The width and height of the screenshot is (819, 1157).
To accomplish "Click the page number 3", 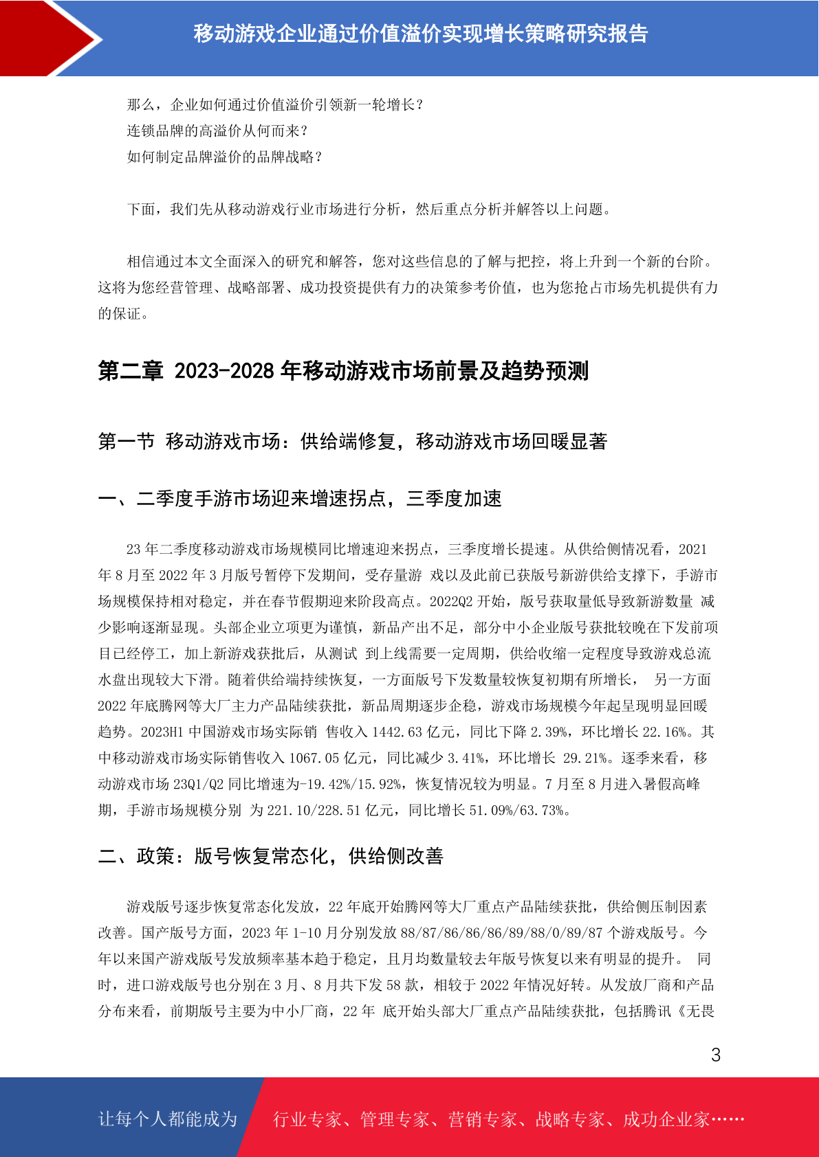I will click(716, 1055).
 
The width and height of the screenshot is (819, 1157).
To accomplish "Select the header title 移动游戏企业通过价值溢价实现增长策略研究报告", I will click(420, 34).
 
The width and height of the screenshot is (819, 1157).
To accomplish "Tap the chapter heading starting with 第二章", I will click(343, 371).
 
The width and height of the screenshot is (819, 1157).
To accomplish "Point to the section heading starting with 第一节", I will click(352, 441).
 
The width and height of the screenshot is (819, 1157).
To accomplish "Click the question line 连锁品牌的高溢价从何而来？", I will click(218, 131).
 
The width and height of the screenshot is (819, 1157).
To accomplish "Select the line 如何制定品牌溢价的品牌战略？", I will click(225, 157).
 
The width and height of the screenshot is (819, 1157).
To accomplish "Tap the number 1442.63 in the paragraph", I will click(397, 732).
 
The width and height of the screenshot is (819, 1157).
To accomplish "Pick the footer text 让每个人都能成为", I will click(168, 1119).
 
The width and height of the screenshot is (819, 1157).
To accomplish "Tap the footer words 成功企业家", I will click(666, 1119).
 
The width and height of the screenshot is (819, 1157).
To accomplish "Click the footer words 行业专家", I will click(307, 1119).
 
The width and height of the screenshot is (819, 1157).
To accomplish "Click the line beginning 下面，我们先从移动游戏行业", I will click(369, 209).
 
